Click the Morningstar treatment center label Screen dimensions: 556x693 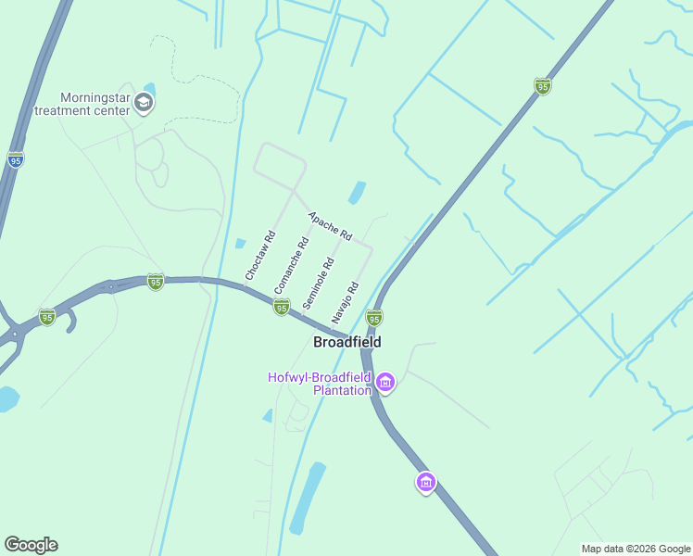(82, 103)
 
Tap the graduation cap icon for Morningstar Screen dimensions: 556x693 (144, 102)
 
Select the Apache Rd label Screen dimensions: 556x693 (331, 225)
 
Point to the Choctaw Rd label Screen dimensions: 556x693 (260, 256)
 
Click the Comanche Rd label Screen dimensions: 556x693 (291, 266)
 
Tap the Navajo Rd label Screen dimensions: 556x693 (345, 302)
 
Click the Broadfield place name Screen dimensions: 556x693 (346, 342)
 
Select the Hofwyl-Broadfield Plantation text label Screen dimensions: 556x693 (319, 384)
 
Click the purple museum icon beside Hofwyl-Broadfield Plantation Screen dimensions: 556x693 (385, 382)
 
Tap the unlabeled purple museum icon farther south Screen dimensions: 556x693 (426, 482)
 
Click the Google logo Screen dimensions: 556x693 (31, 545)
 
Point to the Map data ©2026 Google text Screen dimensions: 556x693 (636, 549)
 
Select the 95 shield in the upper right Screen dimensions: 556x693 (543, 86)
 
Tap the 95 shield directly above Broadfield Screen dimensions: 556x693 (374, 318)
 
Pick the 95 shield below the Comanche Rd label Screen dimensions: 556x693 (281, 306)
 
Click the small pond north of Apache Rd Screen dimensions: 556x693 (356, 193)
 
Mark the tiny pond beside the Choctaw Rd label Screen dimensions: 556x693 (241, 244)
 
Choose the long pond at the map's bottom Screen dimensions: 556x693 (308, 499)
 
